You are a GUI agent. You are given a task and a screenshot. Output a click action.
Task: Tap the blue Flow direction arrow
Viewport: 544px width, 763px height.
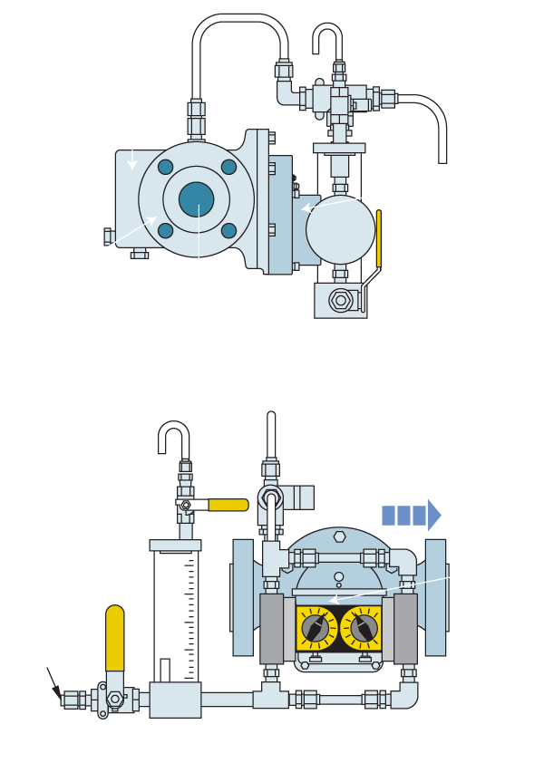[x=411, y=516]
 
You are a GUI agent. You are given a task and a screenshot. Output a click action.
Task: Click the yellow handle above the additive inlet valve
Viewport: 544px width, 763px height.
[x=116, y=636]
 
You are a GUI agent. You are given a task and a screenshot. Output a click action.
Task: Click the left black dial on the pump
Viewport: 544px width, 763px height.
[x=313, y=626]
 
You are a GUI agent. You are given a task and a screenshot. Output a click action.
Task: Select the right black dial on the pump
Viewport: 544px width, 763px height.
[x=364, y=626]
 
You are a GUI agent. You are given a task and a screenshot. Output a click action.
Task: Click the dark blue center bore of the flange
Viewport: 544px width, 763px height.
[x=195, y=198]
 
